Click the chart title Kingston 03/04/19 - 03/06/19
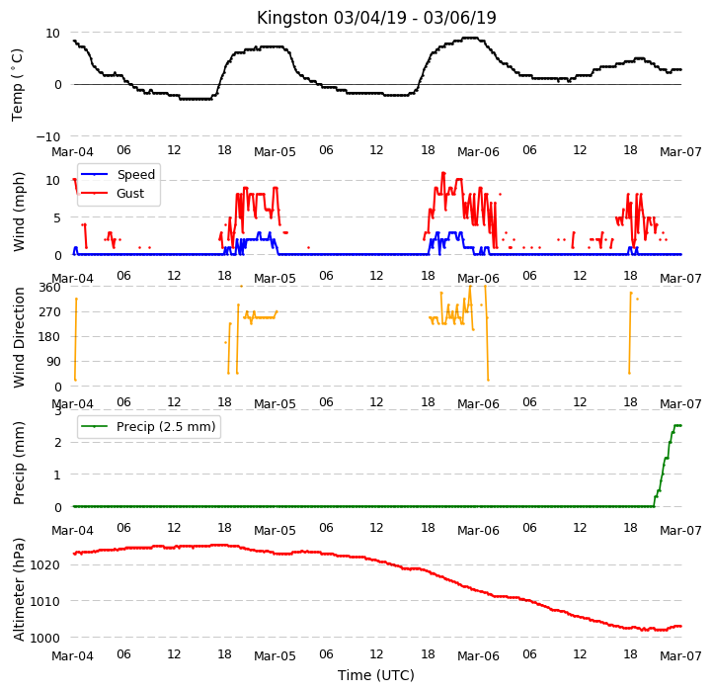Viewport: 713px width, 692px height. pos(376,18)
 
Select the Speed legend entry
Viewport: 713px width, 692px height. pos(118,174)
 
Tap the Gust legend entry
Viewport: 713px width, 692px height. pos(113,193)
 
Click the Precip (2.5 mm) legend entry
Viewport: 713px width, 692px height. pos(148,427)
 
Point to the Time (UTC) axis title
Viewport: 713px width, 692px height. pos(376,674)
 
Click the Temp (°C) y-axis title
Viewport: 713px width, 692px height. pos(17,85)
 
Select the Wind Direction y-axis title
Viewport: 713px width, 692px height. pos(19,337)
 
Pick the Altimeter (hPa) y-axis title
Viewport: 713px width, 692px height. pos(19,589)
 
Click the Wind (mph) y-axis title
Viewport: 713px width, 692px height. pos(19,212)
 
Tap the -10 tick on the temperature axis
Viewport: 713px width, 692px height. pos(48,136)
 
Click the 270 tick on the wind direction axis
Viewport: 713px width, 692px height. pos(50,312)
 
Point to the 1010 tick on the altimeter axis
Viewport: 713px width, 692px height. pos(45,601)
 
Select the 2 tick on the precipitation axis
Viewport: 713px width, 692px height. pos(57,443)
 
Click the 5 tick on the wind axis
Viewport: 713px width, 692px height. pos(57,218)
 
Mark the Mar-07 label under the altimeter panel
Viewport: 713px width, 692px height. pos(680,656)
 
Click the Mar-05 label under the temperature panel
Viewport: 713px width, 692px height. pos(275,151)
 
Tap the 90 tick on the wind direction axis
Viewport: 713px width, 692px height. pos(53,362)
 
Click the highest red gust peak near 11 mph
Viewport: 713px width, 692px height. pos(443,173)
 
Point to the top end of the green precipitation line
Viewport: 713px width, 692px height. pos(680,425)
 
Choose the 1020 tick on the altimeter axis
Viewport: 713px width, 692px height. pos(45,565)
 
